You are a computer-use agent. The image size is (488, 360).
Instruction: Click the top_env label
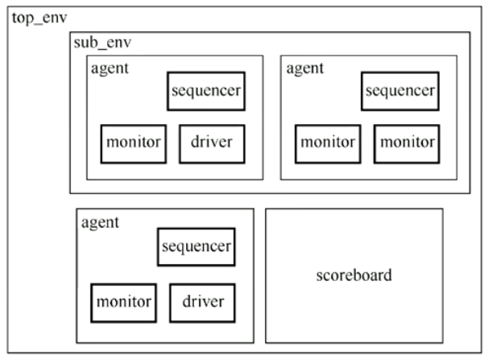tap(39, 19)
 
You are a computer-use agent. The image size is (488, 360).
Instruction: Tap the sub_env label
tap(102, 43)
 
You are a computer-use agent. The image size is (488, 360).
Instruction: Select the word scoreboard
tap(354, 275)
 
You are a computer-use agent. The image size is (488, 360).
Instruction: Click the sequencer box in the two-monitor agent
tap(400, 91)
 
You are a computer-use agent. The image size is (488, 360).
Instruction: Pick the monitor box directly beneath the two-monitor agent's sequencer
tap(407, 143)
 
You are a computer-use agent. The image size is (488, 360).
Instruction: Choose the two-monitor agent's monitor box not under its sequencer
tap(328, 143)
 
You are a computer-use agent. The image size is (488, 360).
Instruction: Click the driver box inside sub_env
tap(212, 143)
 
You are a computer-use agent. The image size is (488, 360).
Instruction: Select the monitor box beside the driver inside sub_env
tap(134, 143)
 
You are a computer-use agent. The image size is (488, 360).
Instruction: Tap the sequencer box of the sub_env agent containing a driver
tap(206, 91)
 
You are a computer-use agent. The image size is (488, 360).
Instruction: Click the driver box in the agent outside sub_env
tap(202, 303)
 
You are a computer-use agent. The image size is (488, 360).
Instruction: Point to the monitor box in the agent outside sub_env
tap(123, 303)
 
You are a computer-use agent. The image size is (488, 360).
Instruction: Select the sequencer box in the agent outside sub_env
tap(196, 247)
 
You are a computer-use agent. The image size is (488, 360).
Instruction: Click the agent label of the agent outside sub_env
tap(100, 223)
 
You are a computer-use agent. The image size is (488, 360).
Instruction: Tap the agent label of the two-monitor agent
tap(305, 68)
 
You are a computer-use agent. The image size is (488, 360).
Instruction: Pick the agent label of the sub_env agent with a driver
tap(110, 68)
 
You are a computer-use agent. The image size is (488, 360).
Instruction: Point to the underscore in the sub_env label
tap(102, 49)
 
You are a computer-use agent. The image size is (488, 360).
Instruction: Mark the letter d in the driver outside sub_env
tap(187, 301)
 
